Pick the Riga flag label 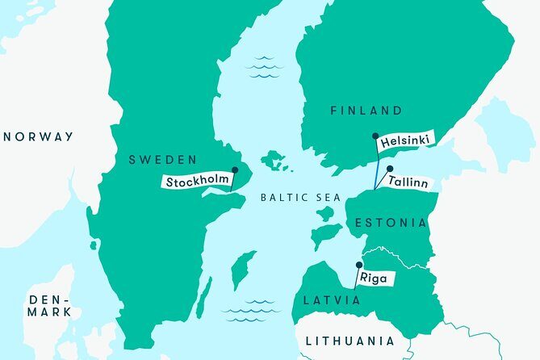point(375,279)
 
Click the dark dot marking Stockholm point(235,170)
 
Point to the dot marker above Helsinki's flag point(375,137)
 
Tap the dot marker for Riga point(358,264)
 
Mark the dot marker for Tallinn point(390,170)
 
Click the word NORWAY point(38,136)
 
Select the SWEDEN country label point(163,160)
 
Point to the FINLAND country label point(366,111)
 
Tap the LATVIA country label point(332,300)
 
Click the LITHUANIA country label point(350,341)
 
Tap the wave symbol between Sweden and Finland point(264,68)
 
